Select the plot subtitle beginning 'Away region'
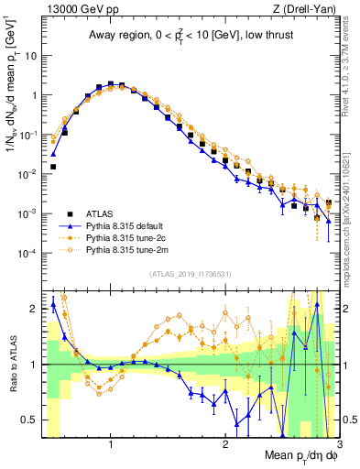coord(187,36)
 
